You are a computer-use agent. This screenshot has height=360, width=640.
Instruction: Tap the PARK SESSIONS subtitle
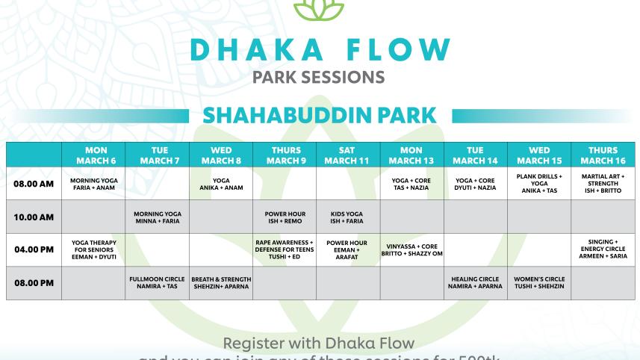click(319, 77)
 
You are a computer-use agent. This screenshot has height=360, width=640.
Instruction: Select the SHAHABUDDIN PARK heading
click(320, 117)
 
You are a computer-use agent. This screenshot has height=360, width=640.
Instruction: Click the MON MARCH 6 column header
click(94, 155)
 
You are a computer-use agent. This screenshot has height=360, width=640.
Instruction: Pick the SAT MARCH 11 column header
click(348, 155)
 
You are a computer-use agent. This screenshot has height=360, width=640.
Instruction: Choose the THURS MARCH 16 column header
click(603, 155)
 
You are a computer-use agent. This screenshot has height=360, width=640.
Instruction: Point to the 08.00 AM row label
click(34, 184)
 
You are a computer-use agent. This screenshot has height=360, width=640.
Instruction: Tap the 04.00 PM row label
click(34, 249)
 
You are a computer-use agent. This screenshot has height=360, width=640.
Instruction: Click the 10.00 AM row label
click(34, 217)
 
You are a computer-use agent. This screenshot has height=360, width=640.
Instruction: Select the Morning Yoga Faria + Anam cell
click(94, 184)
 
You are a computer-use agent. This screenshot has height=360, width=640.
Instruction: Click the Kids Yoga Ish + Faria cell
click(348, 217)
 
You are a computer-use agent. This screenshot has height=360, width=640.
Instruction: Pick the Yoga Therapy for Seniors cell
click(94, 249)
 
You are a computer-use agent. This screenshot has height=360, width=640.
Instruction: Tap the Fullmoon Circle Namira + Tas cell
click(158, 283)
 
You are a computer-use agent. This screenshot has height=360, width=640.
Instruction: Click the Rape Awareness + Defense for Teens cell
click(285, 249)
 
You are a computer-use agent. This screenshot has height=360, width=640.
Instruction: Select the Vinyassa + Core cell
click(411, 249)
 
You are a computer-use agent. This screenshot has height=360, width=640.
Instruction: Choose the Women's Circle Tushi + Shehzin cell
click(539, 283)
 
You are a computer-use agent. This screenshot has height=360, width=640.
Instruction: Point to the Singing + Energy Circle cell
click(603, 249)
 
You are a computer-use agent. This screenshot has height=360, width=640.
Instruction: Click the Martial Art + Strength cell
click(603, 184)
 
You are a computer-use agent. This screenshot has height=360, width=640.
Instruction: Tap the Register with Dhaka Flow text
click(320, 344)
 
